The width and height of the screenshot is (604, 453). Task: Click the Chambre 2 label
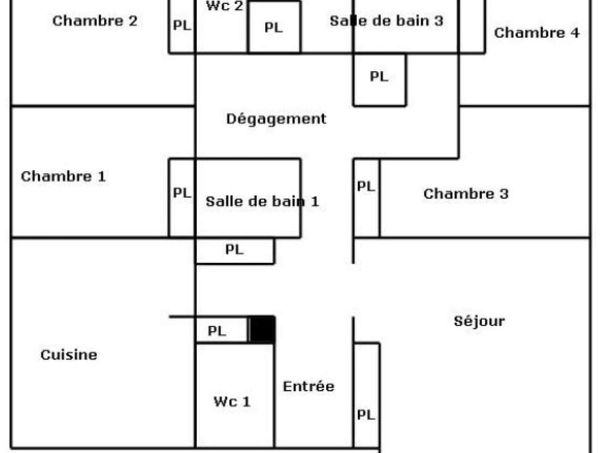coord(95,21)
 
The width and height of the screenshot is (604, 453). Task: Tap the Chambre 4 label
coord(537,33)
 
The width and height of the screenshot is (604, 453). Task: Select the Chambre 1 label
coord(63,176)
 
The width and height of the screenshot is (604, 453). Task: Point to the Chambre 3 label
coord(466,193)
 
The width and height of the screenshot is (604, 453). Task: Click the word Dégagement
coord(276,118)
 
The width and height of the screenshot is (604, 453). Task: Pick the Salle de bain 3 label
coord(386,21)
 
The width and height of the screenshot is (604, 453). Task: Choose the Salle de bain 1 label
coord(262,201)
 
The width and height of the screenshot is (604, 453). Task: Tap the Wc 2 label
coord(225,6)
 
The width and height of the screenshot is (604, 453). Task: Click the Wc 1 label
coord(232,402)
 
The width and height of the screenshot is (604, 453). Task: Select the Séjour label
coord(479,321)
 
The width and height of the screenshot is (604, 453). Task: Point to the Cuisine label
coord(69,355)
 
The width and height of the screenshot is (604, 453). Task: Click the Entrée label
coord(309,386)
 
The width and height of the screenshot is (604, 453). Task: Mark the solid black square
coord(262,329)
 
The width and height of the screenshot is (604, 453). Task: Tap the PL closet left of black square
coord(217,331)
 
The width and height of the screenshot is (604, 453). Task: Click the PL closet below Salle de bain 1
coord(235,250)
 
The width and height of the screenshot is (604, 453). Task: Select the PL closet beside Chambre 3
coord(366,187)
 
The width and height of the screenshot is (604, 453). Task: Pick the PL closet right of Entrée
coord(366,415)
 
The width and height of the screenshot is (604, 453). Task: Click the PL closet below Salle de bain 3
coord(379,76)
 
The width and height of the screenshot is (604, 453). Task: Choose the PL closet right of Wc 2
coord(274,27)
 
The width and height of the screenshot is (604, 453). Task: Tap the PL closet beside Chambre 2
coord(182,25)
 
